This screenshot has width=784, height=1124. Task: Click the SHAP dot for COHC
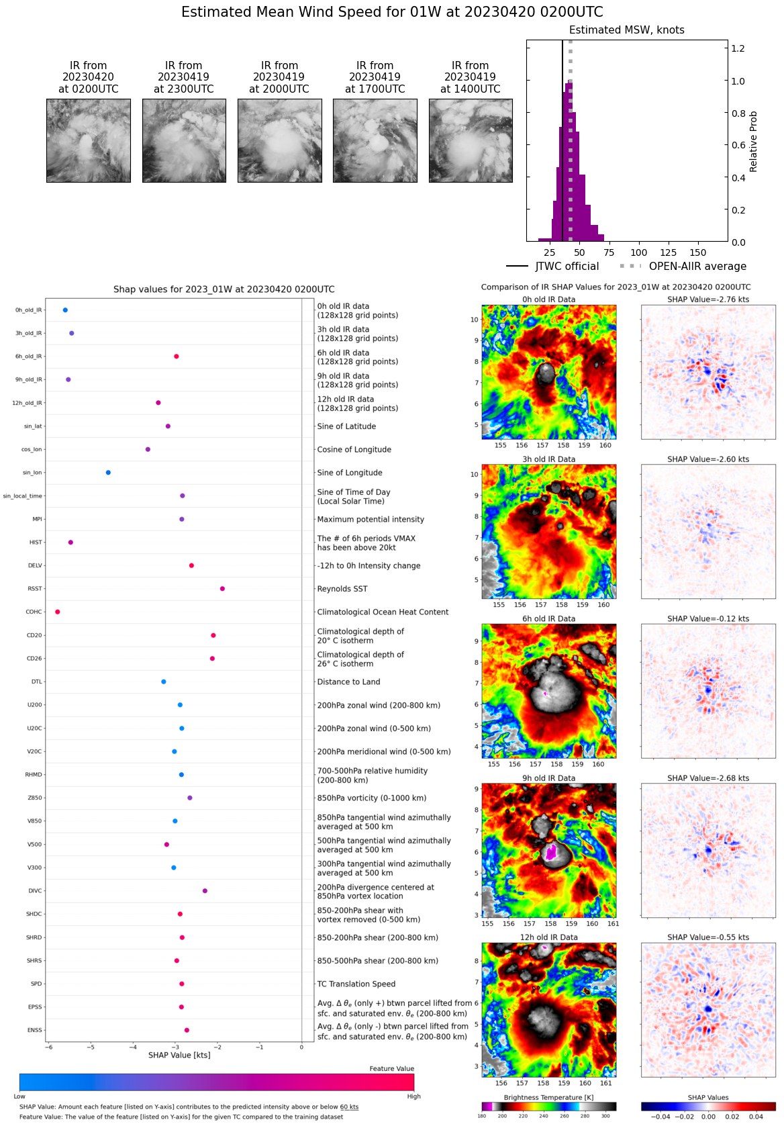(x=58, y=612)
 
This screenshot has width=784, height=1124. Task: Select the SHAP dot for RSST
(x=222, y=589)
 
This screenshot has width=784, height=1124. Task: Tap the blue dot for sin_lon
(x=108, y=473)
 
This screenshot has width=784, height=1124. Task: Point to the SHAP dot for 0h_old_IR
(x=65, y=310)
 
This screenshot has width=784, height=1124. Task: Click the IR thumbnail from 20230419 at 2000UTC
(x=279, y=140)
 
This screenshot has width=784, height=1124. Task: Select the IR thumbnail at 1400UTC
(x=471, y=140)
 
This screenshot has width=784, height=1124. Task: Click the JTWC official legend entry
(x=552, y=267)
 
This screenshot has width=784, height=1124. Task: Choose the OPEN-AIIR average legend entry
(x=683, y=267)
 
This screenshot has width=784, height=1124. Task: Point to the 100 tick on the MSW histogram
(x=638, y=252)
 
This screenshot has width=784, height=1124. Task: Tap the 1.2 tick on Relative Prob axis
(x=738, y=48)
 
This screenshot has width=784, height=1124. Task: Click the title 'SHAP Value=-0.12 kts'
(x=708, y=618)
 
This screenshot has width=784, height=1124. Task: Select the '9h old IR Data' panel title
(x=548, y=778)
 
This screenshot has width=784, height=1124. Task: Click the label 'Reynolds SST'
(x=342, y=589)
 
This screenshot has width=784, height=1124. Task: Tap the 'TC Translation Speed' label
(x=356, y=984)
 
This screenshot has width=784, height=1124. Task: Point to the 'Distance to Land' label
(x=348, y=682)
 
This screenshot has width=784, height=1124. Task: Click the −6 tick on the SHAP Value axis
(x=48, y=1047)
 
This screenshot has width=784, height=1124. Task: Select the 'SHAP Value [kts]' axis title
(x=179, y=1055)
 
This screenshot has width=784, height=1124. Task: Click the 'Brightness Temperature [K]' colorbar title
(x=548, y=1097)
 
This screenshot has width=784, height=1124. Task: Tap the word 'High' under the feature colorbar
(x=413, y=1096)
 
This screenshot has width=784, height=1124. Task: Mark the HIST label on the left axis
(x=36, y=543)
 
